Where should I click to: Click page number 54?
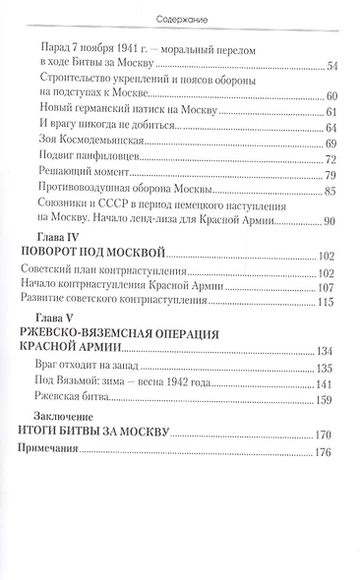[x=331, y=65]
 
